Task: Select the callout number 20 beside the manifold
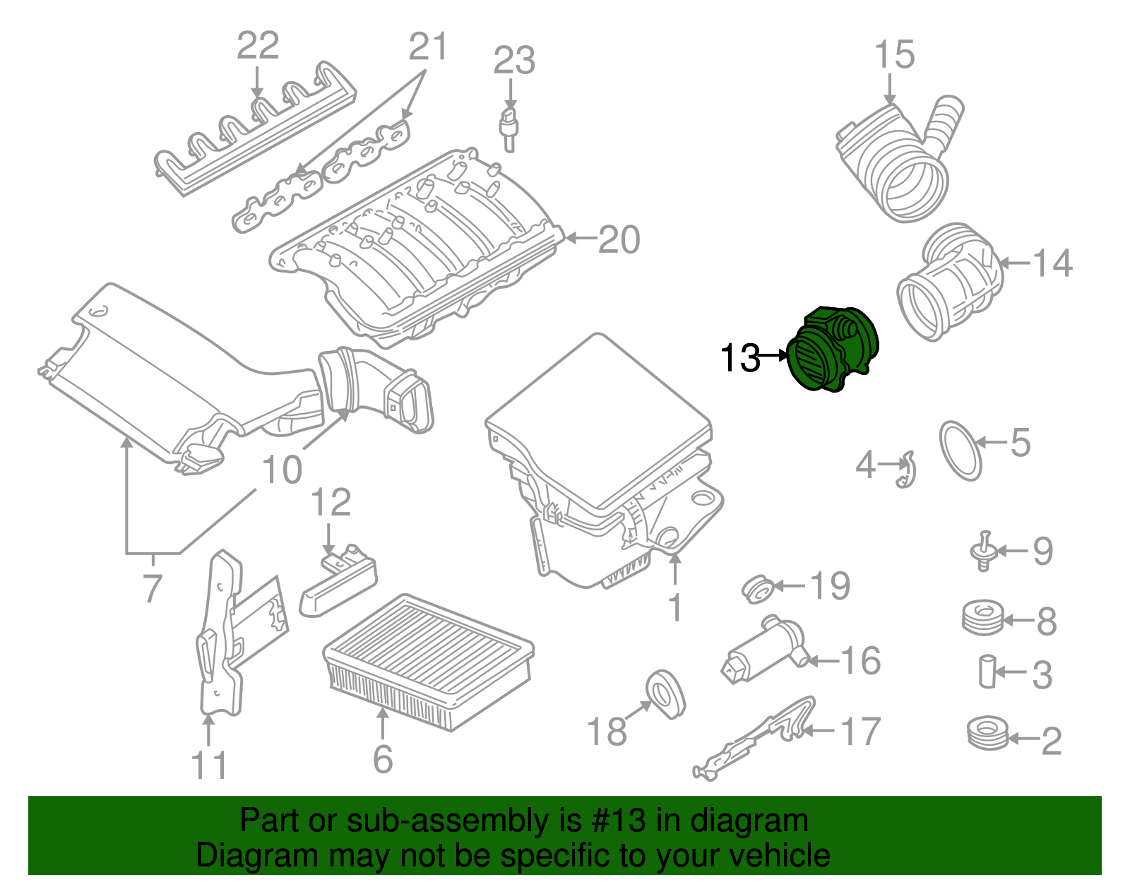(619, 239)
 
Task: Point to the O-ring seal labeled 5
(961, 451)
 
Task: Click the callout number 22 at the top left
(258, 46)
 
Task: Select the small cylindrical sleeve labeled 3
(987, 671)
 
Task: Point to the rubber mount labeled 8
(982, 618)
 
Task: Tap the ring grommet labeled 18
(665, 693)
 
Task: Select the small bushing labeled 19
(758, 589)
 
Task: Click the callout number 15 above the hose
(894, 55)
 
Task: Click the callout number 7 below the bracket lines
(153, 588)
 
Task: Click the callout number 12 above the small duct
(331, 503)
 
